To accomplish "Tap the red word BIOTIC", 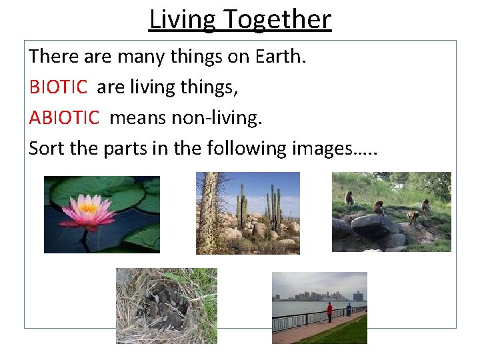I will click(x=58, y=87).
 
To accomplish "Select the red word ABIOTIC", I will click(x=64, y=117).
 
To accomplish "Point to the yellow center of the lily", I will click(x=88, y=207).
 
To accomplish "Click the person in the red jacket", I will click(x=329, y=311).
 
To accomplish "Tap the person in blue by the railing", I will click(x=348, y=309).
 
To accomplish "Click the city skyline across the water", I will click(x=320, y=295).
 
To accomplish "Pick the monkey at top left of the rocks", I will click(x=349, y=198).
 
